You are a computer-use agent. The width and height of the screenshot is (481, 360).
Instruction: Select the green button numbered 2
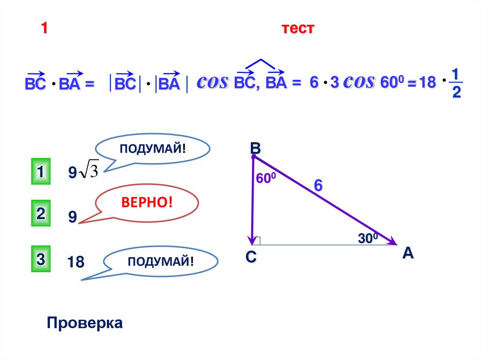tap(41, 214)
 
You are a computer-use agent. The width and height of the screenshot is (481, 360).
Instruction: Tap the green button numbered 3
tap(41, 258)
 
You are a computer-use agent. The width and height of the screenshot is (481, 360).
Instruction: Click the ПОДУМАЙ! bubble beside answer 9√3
tap(153, 149)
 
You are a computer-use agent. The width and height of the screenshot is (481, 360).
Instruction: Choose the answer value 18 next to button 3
tap(75, 262)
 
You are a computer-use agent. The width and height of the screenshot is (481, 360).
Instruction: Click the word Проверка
tap(85, 323)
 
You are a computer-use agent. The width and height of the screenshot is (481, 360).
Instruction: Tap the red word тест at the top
tap(297, 29)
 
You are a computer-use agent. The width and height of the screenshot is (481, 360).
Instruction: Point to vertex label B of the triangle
tap(255, 148)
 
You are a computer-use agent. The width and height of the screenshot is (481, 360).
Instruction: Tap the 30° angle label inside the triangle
tap(368, 238)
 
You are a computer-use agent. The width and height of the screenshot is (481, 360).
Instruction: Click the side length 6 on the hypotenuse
tap(318, 185)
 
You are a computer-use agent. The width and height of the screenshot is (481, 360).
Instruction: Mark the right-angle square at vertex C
tap(256, 241)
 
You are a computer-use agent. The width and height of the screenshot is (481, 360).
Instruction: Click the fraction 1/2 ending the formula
tap(456, 83)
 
